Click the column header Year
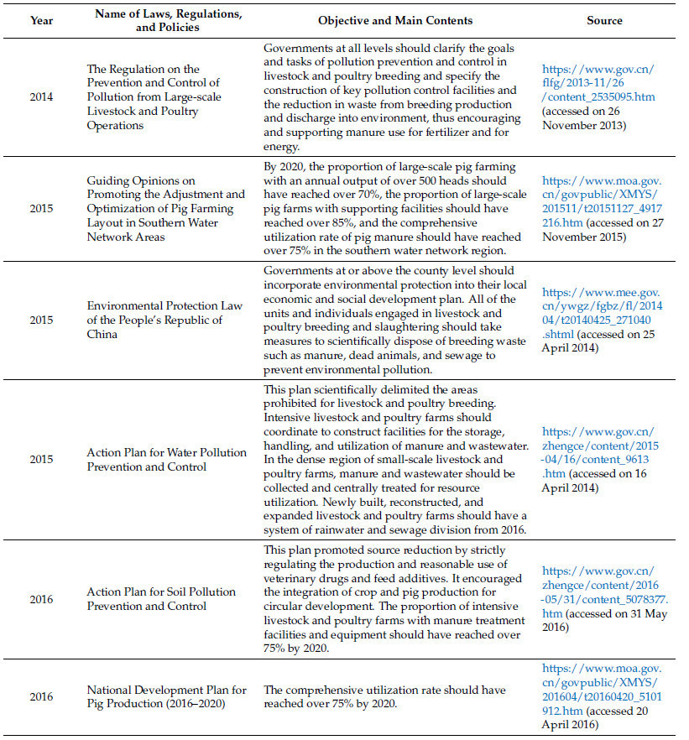pos(41,20)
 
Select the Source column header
pos(604,20)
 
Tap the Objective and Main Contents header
pos(394,20)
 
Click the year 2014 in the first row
pos(41,96)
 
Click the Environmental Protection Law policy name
pos(166,320)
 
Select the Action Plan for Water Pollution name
pos(166,459)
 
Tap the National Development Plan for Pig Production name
pos(166,696)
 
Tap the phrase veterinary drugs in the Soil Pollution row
pos(303,571)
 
